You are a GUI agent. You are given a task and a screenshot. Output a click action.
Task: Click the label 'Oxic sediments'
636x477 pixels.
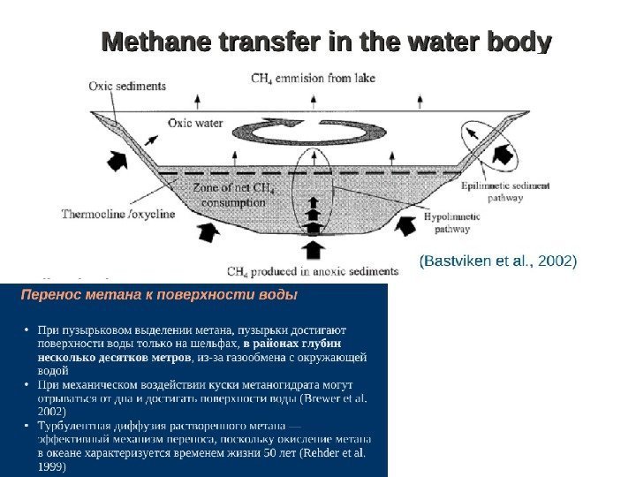pyautogui.click(x=127, y=87)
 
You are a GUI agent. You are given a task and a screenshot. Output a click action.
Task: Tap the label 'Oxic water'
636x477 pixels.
pyautogui.click(x=195, y=124)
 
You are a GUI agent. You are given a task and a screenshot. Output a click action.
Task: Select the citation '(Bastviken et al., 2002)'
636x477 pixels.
pyautogui.click(x=497, y=261)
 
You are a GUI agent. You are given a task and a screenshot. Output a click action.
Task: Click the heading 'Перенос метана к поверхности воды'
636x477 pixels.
pyautogui.click(x=159, y=294)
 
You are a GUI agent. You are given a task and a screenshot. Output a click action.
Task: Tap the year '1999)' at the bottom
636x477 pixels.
pyautogui.click(x=52, y=466)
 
